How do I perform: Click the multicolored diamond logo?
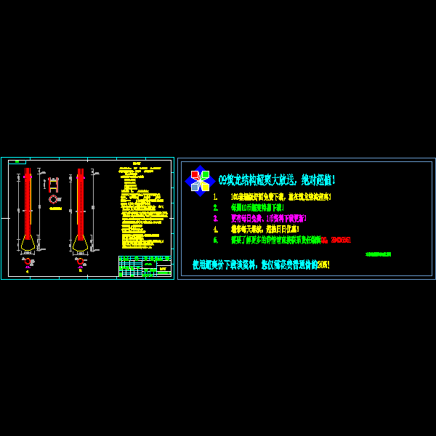pos(199,180)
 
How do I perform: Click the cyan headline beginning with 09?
pos(276,179)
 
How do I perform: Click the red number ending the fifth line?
pos(340,240)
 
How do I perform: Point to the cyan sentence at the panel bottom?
pos(261,265)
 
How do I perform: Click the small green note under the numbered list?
pos(378,254)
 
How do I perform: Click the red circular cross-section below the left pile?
pos(28,262)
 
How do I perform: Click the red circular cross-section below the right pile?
pos(80,261)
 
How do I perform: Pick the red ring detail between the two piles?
pos(53,199)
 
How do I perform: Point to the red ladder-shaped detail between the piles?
pos(53,184)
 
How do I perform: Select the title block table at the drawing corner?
pos(145,266)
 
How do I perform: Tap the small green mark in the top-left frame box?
pos(17,162)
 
